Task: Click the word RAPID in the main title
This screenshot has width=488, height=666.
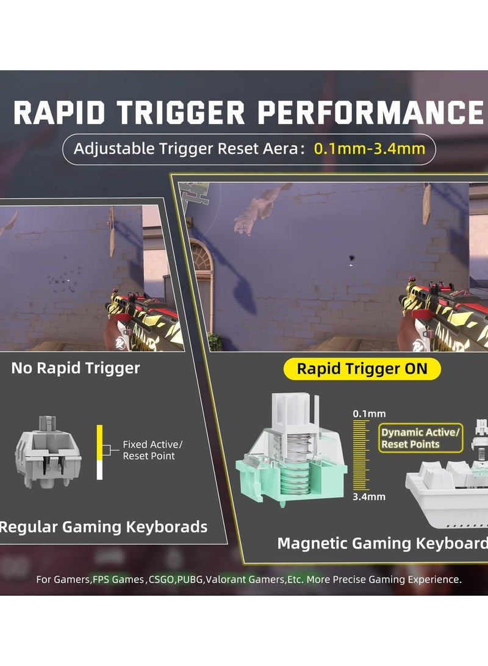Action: coord(59,113)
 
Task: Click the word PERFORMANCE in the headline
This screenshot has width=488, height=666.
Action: coord(370,113)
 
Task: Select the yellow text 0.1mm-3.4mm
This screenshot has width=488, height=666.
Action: coord(370,149)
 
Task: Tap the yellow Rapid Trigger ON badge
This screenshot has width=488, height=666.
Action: coord(362,369)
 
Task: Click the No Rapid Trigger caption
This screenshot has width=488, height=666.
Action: coord(76,368)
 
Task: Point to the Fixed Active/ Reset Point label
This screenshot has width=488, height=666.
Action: coord(152,450)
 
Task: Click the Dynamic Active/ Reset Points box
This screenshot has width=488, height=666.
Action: coord(420,438)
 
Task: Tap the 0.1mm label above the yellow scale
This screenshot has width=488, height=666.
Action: coord(369,413)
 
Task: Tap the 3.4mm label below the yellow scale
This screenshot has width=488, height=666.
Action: coord(369,496)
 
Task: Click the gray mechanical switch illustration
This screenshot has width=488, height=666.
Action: coord(48,452)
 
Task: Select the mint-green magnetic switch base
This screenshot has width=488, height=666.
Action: coord(291,474)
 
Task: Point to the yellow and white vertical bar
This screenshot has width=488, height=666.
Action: coord(99,452)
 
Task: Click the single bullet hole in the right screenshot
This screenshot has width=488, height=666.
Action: coord(352,258)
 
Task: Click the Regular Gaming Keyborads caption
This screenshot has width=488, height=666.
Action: coord(103,527)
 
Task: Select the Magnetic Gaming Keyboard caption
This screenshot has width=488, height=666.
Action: coord(382,543)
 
